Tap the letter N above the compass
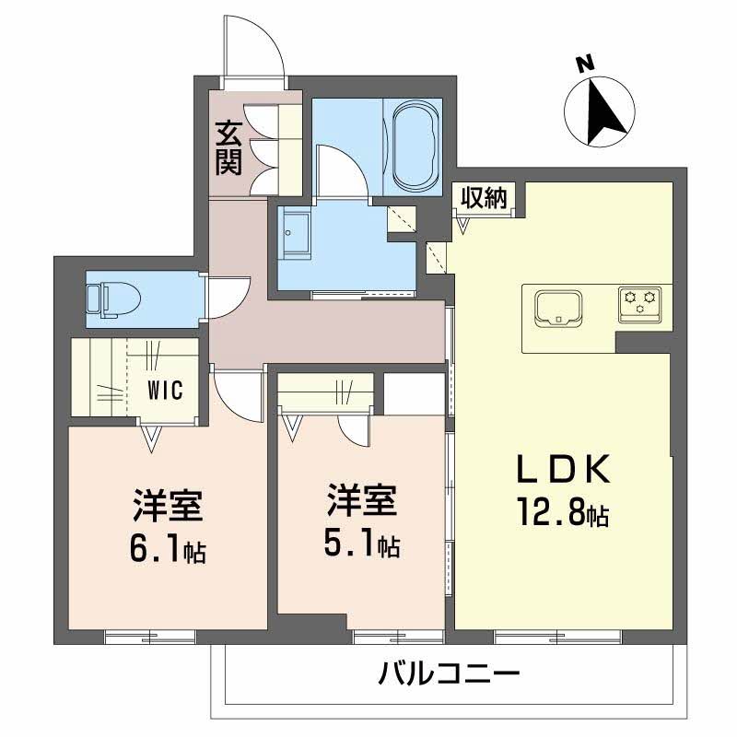(582, 64)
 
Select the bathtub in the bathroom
(416, 144)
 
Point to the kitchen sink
(556, 306)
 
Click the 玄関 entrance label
(229, 147)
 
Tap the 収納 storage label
(484, 197)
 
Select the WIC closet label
(166, 389)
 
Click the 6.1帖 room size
(168, 551)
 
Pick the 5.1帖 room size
(362, 545)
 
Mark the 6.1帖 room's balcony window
(151, 636)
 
